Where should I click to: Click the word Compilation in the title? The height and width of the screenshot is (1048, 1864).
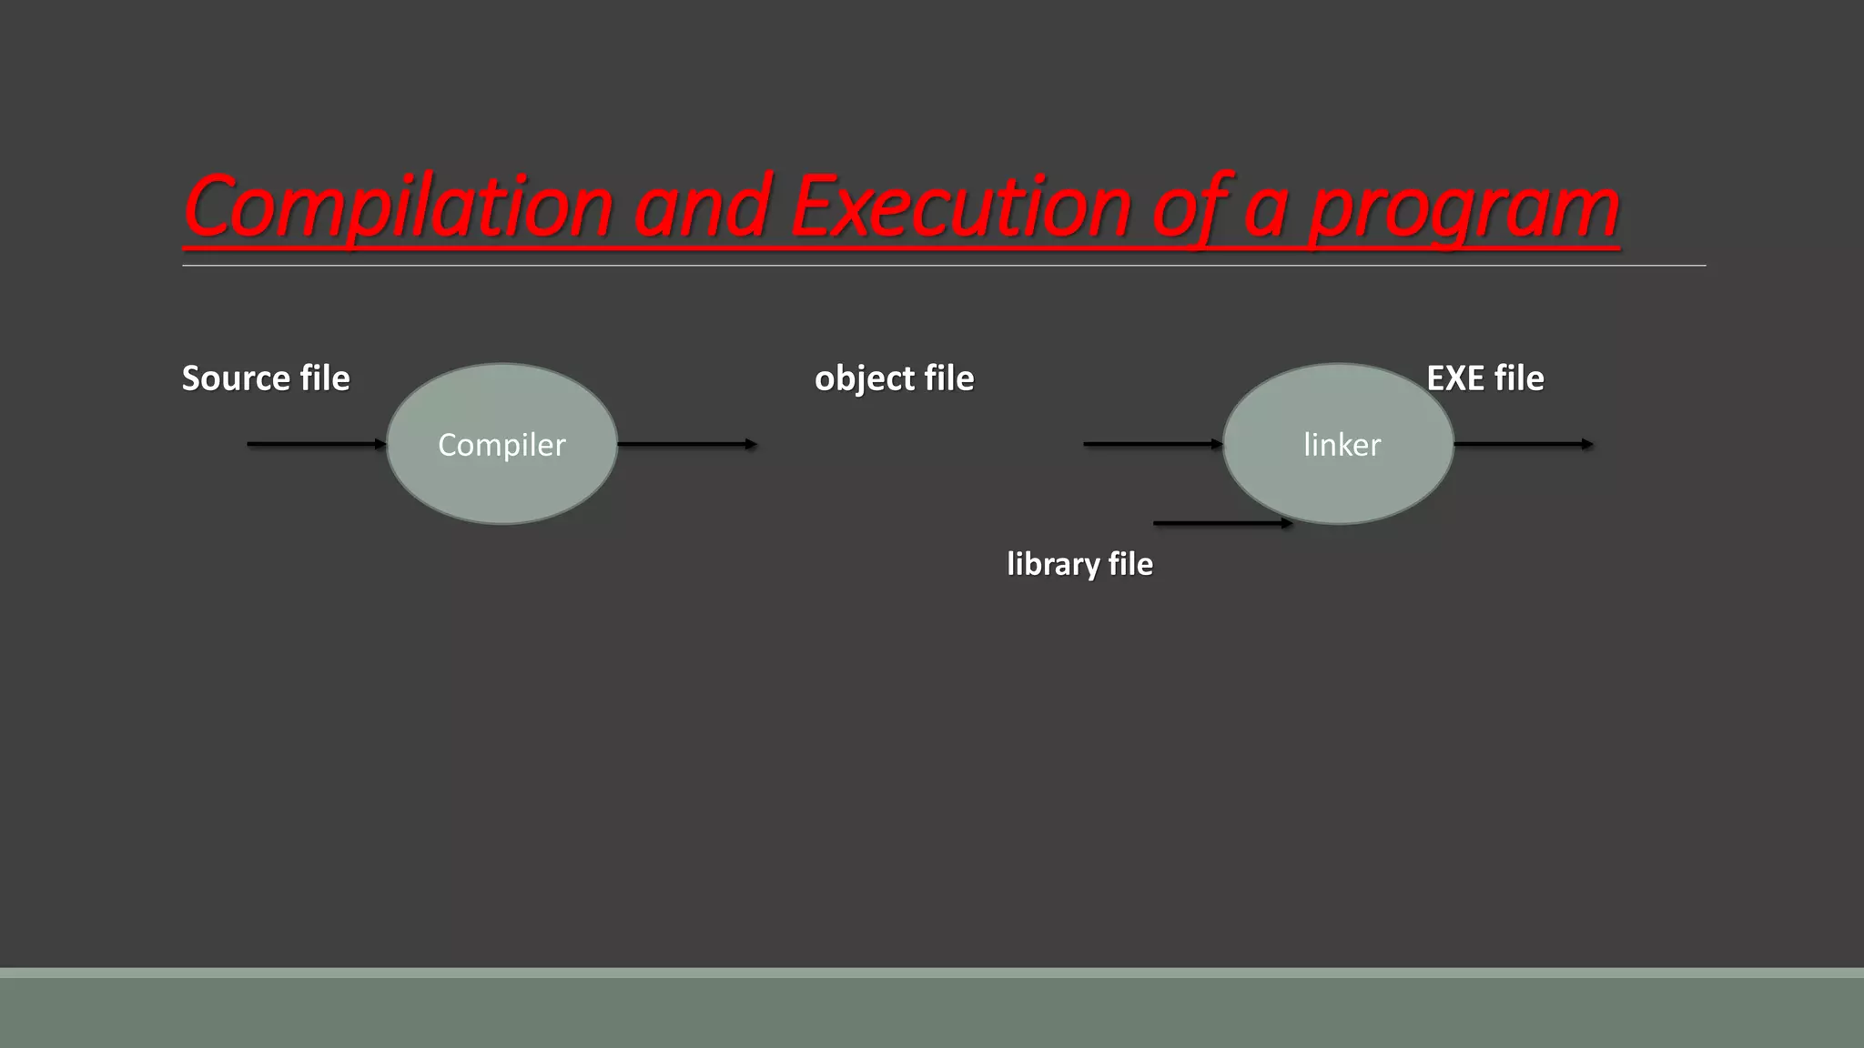[x=398, y=207]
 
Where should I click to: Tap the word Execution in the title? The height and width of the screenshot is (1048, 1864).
[x=960, y=207]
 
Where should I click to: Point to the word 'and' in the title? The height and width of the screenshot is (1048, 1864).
[x=702, y=207]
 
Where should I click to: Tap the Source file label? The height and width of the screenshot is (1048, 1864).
[x=266, y=378]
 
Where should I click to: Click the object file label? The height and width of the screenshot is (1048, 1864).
[x=894, y=378]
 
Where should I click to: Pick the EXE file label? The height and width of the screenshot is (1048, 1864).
[x=1484, y=378]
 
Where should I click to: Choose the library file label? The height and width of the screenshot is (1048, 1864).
[x=1079, y=564]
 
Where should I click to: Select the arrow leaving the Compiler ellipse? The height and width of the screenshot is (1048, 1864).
[x=687, y=444]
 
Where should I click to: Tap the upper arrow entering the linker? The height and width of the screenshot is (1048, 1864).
[x=1152, y=444]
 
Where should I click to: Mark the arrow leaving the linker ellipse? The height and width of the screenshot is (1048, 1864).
[x=1523, y=444]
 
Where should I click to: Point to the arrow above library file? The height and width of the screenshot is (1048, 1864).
[x=1222, y=523]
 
